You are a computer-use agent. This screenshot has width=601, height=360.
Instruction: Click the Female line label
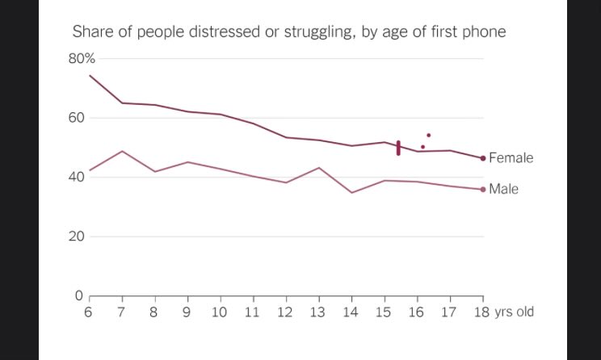[511, 157]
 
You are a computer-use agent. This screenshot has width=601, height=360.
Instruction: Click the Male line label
[503, 189]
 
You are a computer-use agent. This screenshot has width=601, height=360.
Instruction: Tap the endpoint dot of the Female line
[483, 158]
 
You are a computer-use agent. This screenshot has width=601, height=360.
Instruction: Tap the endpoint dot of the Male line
[483, 189]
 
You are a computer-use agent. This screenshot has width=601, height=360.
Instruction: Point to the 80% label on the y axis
[82, 59]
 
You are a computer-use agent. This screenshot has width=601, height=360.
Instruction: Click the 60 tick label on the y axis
[76, 118]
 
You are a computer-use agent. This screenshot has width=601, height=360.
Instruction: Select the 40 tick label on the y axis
[76, 177]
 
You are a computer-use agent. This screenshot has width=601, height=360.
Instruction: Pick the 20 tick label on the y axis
[76, 237]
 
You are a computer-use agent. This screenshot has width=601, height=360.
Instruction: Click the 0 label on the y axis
[79, 295]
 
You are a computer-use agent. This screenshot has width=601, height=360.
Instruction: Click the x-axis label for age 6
[89, 312]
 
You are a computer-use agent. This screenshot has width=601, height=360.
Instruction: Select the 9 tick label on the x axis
[187, 312]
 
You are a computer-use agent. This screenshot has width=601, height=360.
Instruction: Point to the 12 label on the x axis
[285, 312]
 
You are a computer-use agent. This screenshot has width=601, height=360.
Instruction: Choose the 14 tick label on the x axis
[351, 312]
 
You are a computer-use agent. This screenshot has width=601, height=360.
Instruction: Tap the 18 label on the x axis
[481, 312]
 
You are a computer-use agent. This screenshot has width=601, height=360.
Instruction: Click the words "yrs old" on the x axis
[514, 312]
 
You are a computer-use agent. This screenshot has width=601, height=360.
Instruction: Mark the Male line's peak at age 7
[122, 151]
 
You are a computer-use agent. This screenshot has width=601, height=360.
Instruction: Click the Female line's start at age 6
[90, 75]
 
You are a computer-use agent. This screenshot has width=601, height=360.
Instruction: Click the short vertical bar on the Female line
[398, 148]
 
